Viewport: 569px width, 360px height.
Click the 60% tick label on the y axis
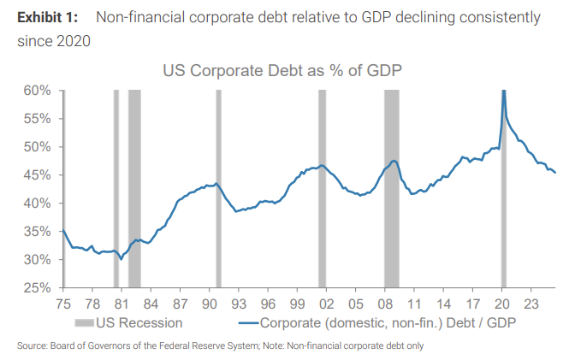(x=39, y=91)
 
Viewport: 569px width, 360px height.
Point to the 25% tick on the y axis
(x=39, y=288)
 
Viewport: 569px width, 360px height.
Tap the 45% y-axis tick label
(x=39, y=175)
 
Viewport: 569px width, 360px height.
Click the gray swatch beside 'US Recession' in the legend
(x=82, y=322)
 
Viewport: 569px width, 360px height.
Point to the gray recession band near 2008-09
(x=391, y=188)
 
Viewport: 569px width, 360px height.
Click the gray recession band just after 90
(x=218, y=188)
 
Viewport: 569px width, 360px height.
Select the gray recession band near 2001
(x=322, y=188)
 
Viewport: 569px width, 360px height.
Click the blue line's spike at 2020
(x=504, y=91)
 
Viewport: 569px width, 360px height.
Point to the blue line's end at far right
(x=555, y=173)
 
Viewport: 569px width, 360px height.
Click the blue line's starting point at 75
(x=62, y=230)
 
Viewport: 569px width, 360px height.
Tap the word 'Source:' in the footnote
(x=29, y=345)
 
